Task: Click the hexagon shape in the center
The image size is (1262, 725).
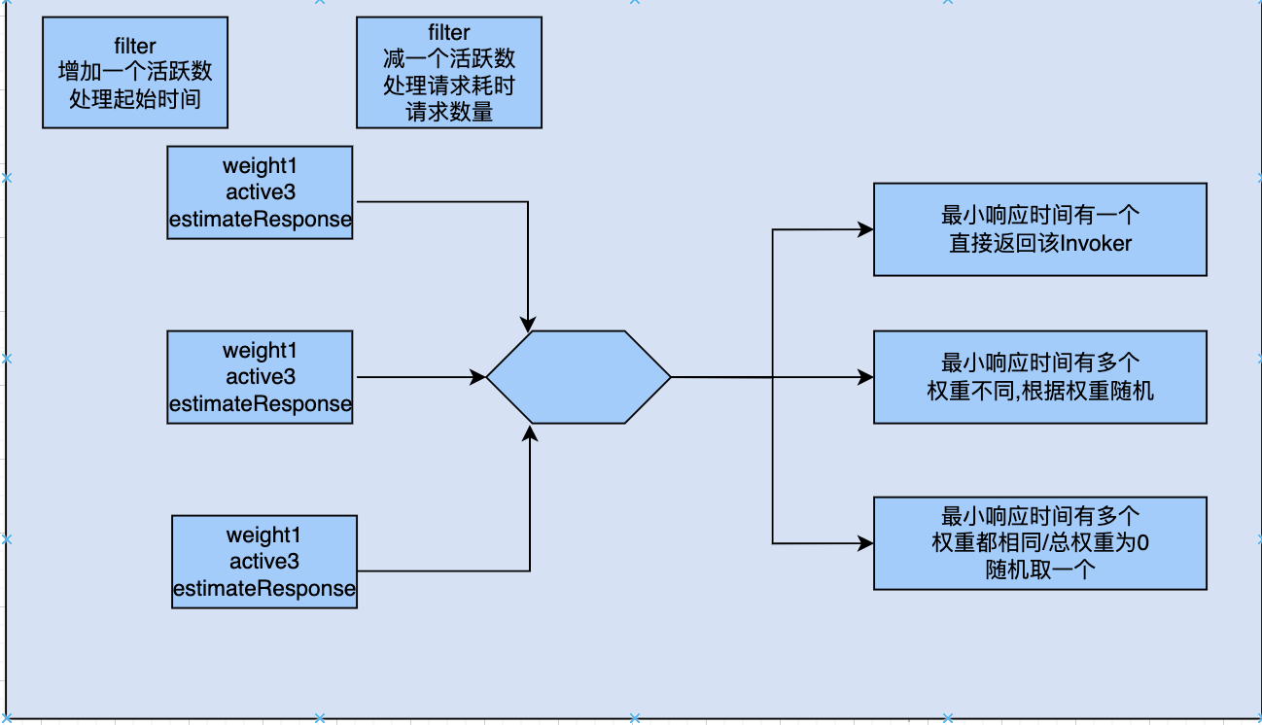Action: [x=578, y=377]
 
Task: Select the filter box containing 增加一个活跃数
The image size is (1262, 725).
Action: [x=135, y=72]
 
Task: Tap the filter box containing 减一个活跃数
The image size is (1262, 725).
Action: [x=449, y=72]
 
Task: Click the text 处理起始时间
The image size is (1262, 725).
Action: [x=135, y=98]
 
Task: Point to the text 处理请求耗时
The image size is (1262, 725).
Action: [x=449, y=86]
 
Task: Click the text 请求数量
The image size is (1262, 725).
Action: [x=449, y=112]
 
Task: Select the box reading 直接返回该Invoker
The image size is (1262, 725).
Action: [x=1039, y=229]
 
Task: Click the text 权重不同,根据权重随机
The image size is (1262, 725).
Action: [x=1039, y=391]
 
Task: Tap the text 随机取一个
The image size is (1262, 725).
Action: [x=1039, y=570]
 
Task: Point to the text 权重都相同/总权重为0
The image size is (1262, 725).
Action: [x=1039, y=542]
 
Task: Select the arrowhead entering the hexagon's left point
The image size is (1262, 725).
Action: [x=478, y=377]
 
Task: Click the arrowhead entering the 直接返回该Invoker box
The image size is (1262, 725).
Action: [x=864, y=230]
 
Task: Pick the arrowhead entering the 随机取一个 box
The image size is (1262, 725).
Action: [x=864, y=542]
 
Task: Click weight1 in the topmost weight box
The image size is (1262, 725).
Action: [x=260, y=164]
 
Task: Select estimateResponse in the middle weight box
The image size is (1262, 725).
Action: [x=260, y=403]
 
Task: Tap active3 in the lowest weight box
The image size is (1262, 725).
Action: [x=264, y=562]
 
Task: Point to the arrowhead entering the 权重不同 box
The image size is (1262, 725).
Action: [x=864, y=377]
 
